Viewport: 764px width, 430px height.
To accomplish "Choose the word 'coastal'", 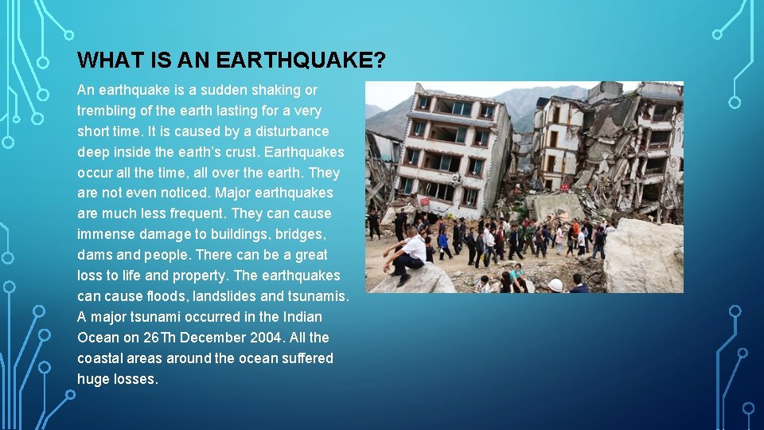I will point(101,358).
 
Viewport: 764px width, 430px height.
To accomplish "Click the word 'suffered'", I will point(306,358).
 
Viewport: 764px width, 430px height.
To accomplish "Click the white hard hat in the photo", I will point(555,284).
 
